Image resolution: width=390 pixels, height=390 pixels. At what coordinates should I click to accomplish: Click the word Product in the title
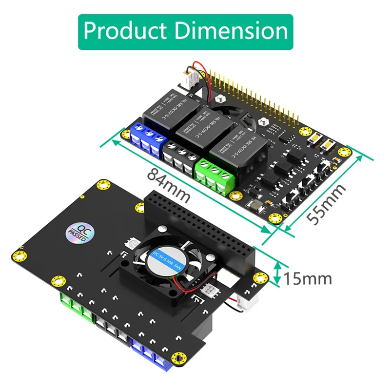pyautogui.click(x=125, y=31)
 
